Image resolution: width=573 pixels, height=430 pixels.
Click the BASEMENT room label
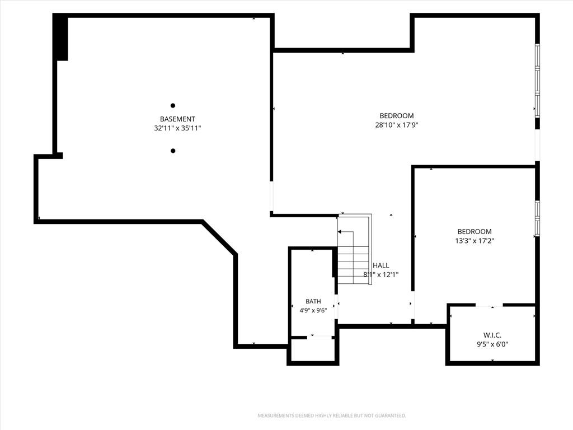pos(177,119)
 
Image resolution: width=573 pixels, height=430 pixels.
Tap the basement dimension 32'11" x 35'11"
pos(177,128)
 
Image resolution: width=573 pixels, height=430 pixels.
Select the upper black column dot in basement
pos(173,106)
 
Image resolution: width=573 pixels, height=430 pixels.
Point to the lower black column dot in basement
pos(173,151)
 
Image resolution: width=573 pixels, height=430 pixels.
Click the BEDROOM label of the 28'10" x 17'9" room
pos(397,116)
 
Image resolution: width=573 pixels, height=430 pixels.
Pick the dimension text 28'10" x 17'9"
pos(397,125)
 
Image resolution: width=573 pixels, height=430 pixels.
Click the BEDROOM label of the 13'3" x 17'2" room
pos(475,231)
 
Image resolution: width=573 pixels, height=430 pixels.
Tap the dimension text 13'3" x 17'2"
pos(475,241)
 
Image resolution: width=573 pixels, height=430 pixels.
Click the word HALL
pos(381,265)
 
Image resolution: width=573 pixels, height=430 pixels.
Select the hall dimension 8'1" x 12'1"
pos(381,274)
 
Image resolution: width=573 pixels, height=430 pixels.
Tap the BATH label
pos(313,301)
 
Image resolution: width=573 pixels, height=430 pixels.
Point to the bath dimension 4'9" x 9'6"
pos(313,310)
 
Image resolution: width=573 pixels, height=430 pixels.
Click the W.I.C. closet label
pos(492,335)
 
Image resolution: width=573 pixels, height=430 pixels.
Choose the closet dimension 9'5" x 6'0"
pos(492,344)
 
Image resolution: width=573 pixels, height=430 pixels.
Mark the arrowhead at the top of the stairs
pos(340,232)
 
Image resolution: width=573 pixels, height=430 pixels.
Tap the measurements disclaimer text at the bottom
pos(332,416)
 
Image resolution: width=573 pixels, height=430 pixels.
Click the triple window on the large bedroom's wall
pos(538,81)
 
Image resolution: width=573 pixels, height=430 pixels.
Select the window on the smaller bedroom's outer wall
pos(538,218)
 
